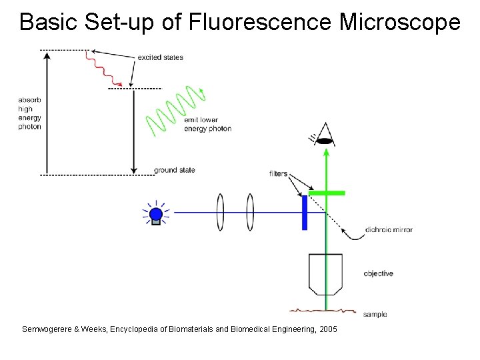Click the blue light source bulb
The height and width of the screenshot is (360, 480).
point(155,214)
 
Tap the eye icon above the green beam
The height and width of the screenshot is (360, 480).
point(325,135)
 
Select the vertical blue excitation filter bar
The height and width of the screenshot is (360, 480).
point(305,213)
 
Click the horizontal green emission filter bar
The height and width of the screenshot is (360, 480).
point(327,193)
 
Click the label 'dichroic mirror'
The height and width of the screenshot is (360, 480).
point(389,230)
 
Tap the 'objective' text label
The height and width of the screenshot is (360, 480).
point(378,273)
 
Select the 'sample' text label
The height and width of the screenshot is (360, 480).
point(375,314)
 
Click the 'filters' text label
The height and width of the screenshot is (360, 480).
point(279,174)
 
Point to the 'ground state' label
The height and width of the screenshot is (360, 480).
point(175,170)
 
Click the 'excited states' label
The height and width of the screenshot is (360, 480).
point(160,57)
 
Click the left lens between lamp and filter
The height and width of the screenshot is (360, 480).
point(220,213)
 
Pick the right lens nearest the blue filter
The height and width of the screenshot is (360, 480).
point(250,213)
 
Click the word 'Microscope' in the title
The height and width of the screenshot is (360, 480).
point(399,23)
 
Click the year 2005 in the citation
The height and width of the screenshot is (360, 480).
point(328,329)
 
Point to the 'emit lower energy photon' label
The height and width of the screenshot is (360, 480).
point(207,124)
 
